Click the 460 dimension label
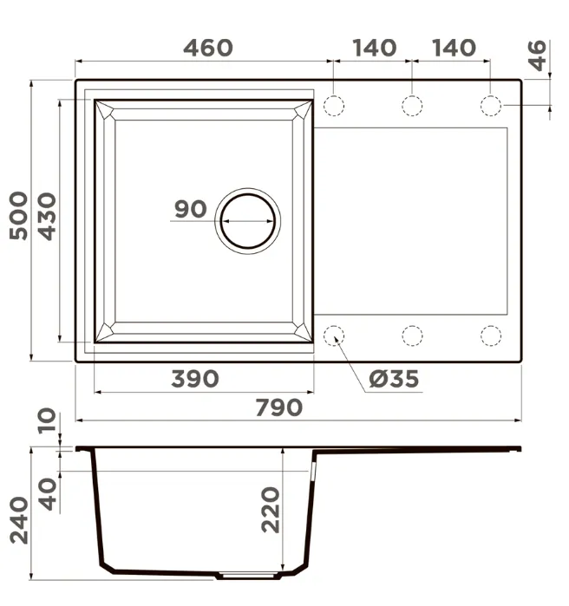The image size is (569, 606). point(208,48)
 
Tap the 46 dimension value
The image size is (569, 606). point(537,55)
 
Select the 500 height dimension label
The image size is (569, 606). point(18,216)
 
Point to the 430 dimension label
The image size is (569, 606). point(47,217)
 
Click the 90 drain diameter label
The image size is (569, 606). point(191,209)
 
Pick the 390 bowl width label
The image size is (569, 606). point(195,379)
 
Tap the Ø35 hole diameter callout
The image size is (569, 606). point(394,379)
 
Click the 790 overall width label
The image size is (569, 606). point(279,407)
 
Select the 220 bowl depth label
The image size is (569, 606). point(271,510)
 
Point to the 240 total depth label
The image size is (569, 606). point(18,520)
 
